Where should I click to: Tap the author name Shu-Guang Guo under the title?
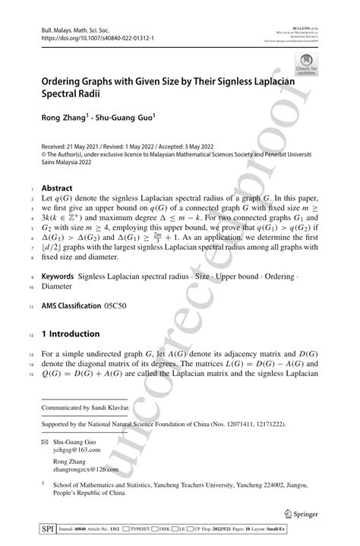(125, 118)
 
